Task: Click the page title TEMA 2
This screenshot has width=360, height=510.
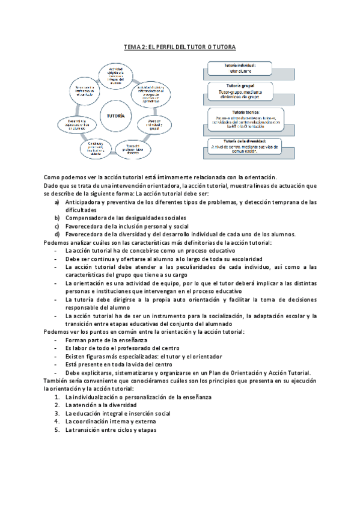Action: pyautogui.click(x=180, y=46)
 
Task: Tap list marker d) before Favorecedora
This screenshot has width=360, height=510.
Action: pyautogui.click(x=57, y=234)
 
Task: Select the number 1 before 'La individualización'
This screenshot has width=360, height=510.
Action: pyautogui.click(x=56, y=398)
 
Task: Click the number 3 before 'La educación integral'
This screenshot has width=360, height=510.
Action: pyautogui.click(x=56, y=414)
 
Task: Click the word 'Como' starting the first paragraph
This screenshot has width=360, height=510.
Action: pyautogui.click(x=53, y=177)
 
